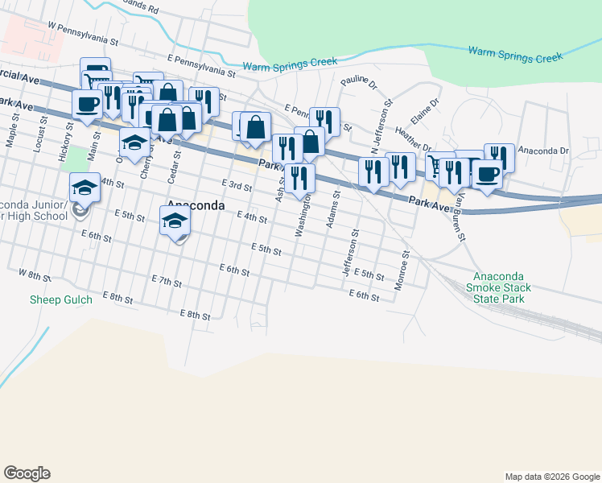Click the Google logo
tap(27, 473)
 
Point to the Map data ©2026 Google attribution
tap(551, 477)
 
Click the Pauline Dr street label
tap(358, 80)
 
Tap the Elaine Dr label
tap(425, 111)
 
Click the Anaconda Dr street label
tap(542, 151)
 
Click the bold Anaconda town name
tap(195, 205)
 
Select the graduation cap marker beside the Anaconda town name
tap(175, 220)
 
